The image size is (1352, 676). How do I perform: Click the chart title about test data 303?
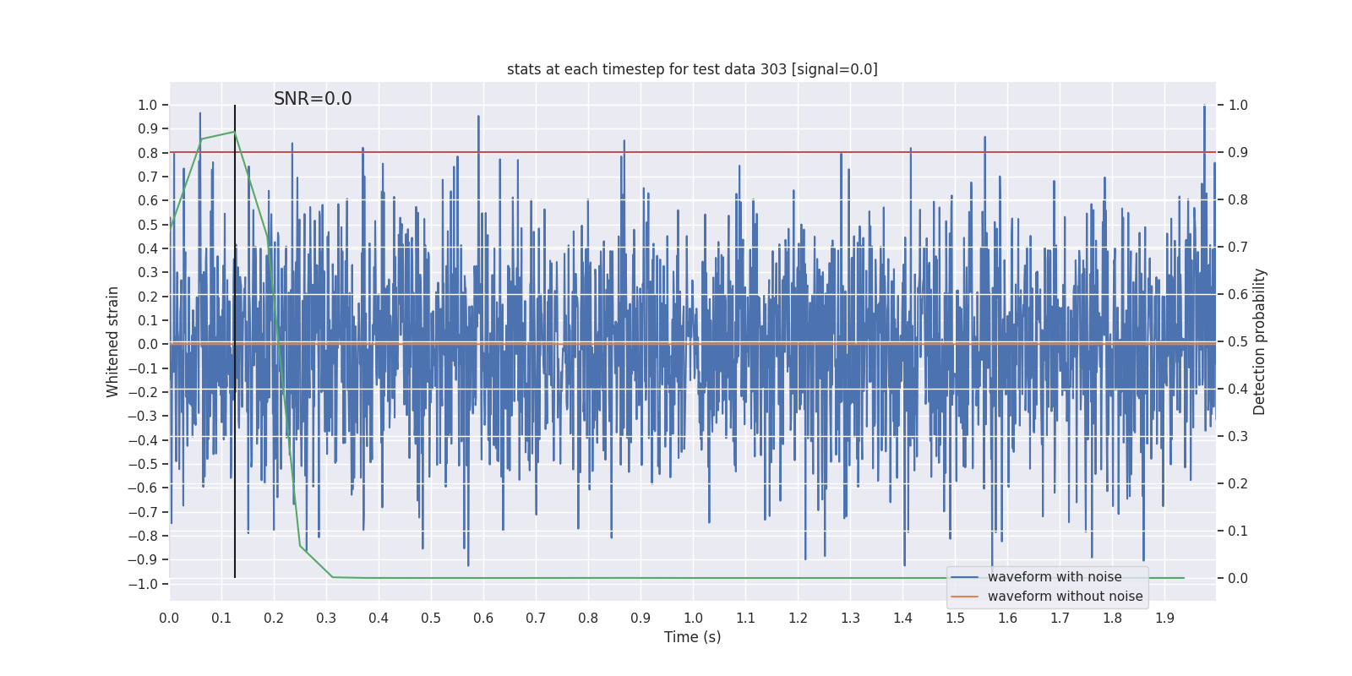tap(692, 69)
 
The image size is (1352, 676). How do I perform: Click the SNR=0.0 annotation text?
tap(313, 99)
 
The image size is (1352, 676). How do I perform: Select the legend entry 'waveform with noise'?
tap(1055, 577)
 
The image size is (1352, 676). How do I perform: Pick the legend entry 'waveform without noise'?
tap(1065, 597)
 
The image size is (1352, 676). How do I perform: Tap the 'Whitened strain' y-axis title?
tap(113, 341)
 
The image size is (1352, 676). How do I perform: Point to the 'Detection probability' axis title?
tap(1260, 341)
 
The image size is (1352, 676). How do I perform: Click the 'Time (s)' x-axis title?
tap(692, 637)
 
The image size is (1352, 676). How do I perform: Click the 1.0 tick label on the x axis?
tap(693, 618)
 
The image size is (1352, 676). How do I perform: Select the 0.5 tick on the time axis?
tap(431, 618)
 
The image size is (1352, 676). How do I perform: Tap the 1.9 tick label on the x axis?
tap(1164, 618)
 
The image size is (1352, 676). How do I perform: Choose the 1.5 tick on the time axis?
tap(955, 618)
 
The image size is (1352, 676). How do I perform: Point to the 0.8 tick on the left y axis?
tap(149, 153)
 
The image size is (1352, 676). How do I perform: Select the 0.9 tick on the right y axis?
tap(1238, 153)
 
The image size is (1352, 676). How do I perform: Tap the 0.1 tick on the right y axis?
tap(1238, 531)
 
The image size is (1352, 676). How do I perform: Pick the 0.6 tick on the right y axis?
tap(1238, 294)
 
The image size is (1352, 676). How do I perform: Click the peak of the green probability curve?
tap(235, 132)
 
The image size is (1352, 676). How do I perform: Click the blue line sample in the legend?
tap(964, 577)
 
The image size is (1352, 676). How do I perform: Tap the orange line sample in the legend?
tap(964, 597)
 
